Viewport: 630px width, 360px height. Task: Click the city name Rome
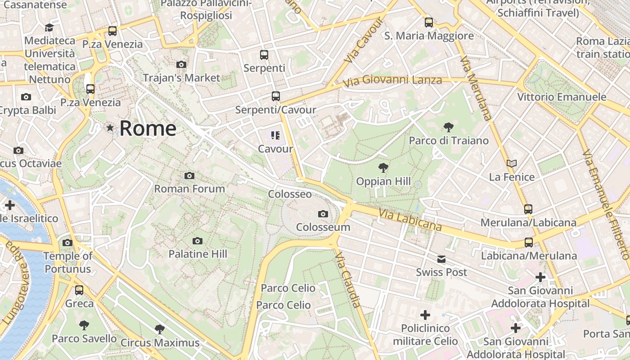[148, 129]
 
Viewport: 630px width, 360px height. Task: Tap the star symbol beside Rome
[110, 128]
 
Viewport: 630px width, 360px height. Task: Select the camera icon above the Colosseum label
[323, 214]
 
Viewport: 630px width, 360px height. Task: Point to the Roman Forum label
[189, 189]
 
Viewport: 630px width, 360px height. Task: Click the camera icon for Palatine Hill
[197, 241]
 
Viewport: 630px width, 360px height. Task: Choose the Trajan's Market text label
[181, 78]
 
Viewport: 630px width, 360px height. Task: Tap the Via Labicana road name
[410, 220]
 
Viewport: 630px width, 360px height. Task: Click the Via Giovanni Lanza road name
[392, 81]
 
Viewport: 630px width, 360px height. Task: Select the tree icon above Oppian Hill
[383, 168]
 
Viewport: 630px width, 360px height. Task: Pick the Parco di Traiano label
[448, 140]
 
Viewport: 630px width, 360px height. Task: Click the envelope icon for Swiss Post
[441, 259]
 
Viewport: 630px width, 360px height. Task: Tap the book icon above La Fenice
[512, 163]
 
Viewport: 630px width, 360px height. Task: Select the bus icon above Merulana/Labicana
[528, 209]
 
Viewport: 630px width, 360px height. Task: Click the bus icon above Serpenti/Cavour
[275, 96]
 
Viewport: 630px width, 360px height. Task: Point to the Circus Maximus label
[160, 343]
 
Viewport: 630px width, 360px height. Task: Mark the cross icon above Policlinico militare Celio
[425, 315]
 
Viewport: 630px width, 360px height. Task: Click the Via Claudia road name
[348, 279]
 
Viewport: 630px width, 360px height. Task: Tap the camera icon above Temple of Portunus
[67, 243]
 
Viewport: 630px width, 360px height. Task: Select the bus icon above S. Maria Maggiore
[429, 22]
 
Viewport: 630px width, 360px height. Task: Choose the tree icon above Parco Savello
[84, 325]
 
